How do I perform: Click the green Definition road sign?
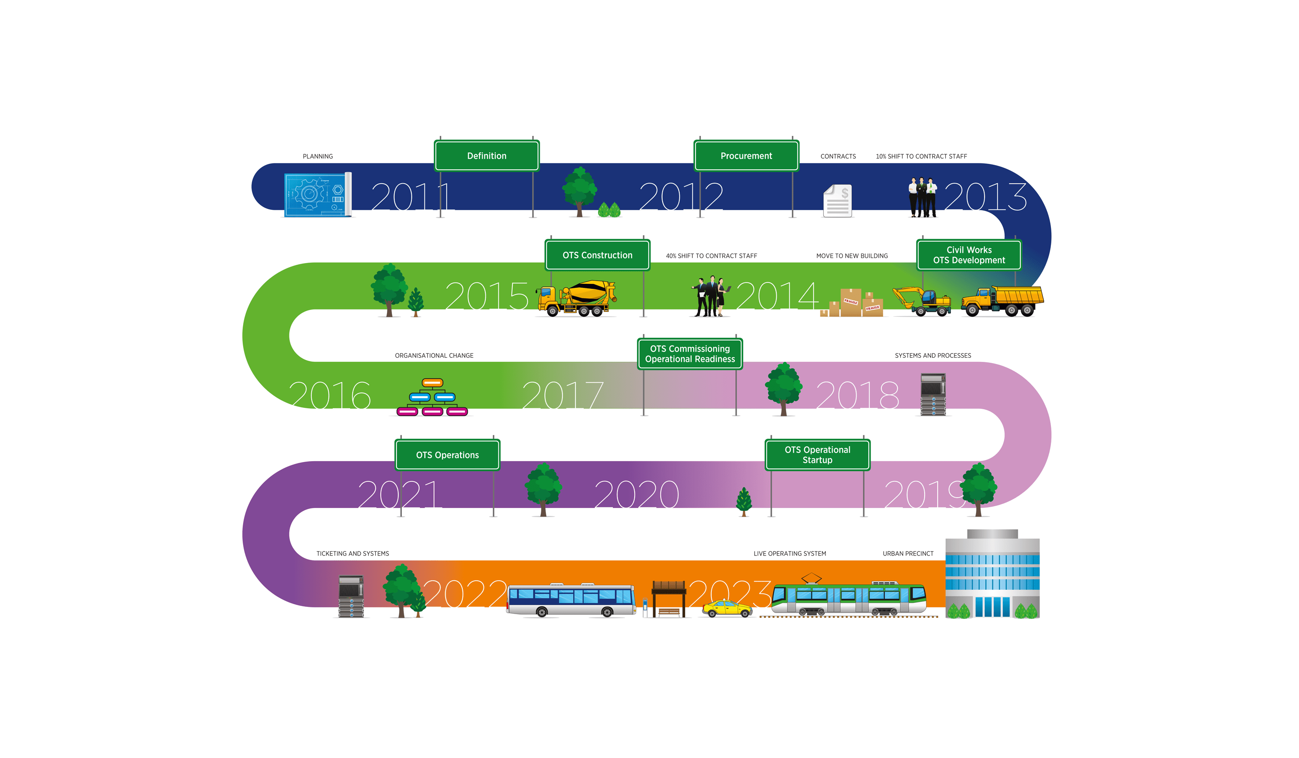[x=487, y=156]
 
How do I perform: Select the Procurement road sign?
[x=746, y=156]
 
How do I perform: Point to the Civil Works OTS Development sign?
[x=968, y=255]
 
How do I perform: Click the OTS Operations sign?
[x=447, y=455]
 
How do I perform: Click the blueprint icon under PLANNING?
[x=317, y=195]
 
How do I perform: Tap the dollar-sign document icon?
[x=837, y=201]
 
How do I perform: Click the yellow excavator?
[x=921, y=300]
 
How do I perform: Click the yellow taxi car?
[x=727, y=609]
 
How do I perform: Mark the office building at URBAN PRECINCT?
[x=992, y=575]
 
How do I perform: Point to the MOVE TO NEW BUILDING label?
[x=852, y=256]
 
